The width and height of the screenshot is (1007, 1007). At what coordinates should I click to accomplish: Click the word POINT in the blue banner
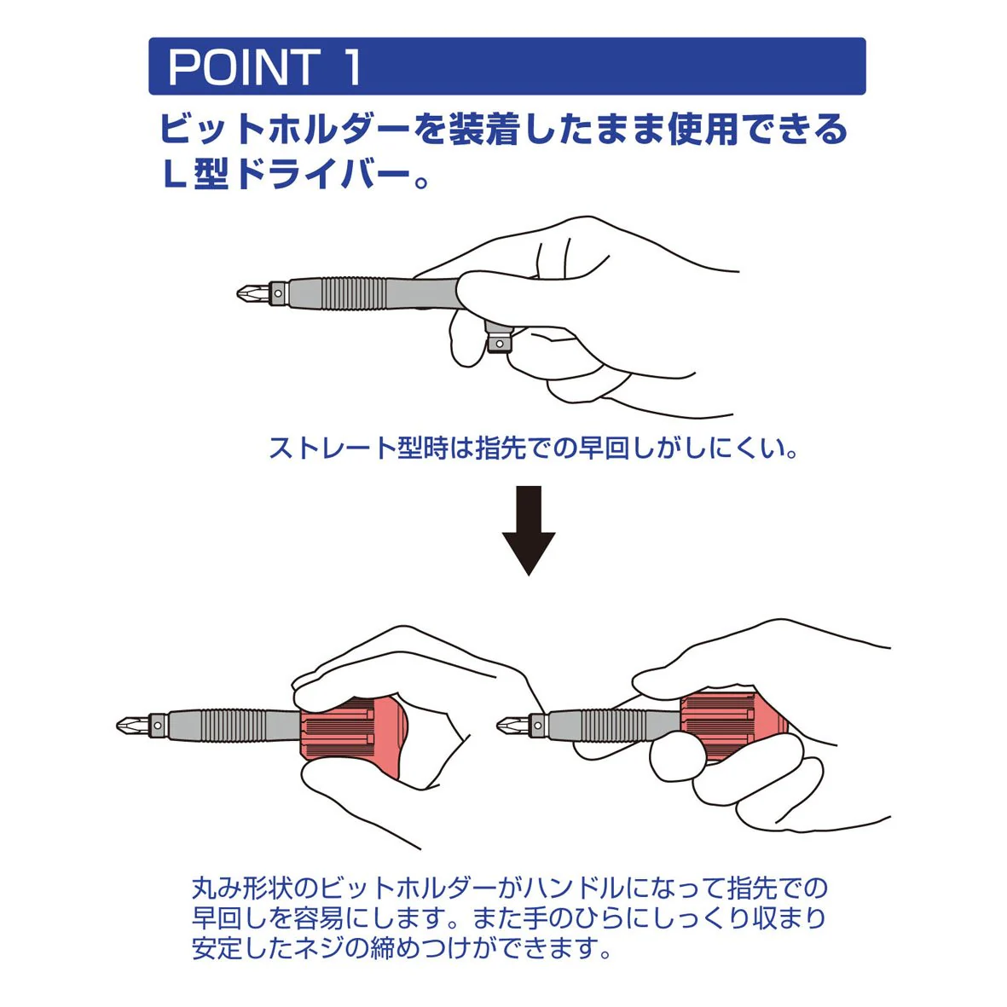(243, 67)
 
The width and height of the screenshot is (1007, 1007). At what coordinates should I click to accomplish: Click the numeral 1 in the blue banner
(352, 67)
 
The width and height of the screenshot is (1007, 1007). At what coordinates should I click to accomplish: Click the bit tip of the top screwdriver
(252, 294)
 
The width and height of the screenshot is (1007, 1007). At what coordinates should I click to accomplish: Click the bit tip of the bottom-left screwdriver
(132, 726)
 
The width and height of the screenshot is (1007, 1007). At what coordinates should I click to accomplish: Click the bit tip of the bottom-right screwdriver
(512, 726)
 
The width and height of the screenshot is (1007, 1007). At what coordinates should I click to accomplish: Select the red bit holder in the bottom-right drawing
(732, 726)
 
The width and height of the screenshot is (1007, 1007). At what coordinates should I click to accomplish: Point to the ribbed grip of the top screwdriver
(354, 293)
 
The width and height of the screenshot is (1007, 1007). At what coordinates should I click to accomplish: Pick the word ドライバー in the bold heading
(322, 174)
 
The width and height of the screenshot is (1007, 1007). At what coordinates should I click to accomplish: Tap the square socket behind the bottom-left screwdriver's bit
(158, 726)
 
